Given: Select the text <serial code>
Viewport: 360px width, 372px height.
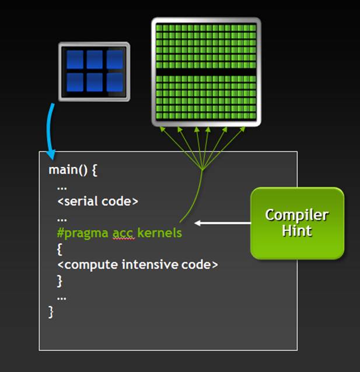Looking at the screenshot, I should [x=97, y=201].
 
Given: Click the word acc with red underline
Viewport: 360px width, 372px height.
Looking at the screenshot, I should [x=123, y=233].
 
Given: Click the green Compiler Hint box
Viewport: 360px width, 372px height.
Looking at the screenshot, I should [x=297, y=223].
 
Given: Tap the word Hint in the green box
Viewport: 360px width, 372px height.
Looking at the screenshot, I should [x=297, y=231].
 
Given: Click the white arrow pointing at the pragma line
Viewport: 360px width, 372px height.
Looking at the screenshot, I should [x=222, y=222].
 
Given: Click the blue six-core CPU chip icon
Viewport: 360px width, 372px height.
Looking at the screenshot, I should [x=94, y=71].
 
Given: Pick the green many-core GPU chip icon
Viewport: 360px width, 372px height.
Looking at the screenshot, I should [x=206, y=71].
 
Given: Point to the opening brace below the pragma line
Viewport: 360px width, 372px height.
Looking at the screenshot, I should [x=60, y=249].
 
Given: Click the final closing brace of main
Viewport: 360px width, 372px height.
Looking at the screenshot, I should [x=51, y=312].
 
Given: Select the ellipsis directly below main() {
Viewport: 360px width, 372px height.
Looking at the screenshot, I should [x=62, y=187].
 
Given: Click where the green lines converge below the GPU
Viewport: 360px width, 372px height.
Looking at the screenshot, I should [x=201, y=170].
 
